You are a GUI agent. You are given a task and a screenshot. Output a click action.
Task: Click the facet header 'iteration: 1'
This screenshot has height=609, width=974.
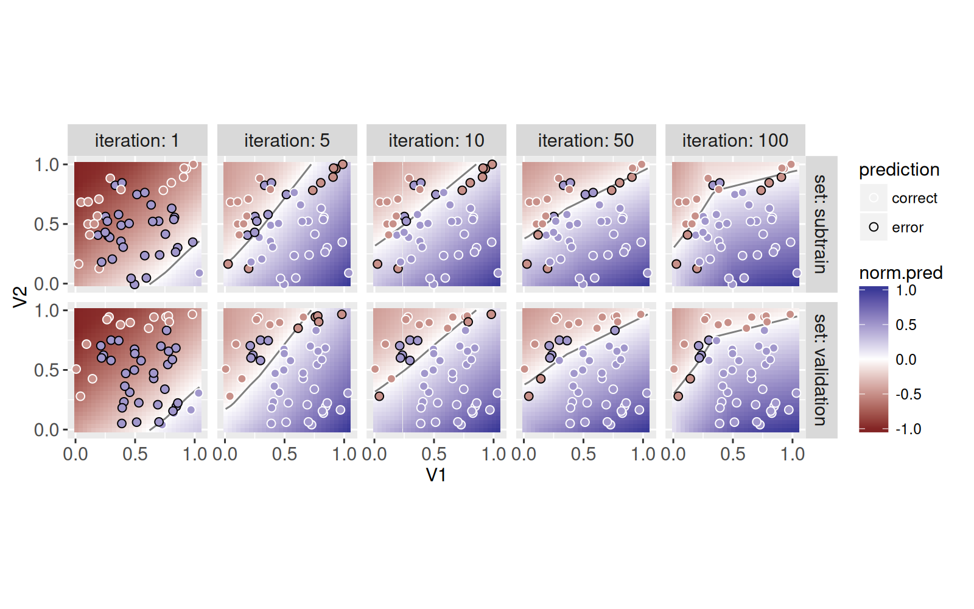137,141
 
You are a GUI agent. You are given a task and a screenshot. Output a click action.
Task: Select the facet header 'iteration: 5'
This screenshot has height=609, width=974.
287,141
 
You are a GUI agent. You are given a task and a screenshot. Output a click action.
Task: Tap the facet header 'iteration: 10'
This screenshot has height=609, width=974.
436,141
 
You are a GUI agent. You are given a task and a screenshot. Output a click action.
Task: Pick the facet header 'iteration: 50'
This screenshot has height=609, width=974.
586,141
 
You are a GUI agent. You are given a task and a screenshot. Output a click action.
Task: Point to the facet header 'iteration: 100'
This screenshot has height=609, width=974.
735,141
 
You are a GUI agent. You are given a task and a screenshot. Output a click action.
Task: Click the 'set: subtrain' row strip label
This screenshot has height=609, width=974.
821,224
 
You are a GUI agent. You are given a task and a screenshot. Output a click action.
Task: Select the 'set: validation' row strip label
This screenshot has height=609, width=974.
821,370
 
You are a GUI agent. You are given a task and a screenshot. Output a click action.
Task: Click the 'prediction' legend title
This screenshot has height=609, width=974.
899,170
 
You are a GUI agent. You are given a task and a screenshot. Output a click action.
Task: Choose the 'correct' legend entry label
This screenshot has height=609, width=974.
914,199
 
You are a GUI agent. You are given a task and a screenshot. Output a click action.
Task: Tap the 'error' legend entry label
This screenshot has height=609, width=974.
907,228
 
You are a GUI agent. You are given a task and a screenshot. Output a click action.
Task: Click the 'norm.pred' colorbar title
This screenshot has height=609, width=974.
900,273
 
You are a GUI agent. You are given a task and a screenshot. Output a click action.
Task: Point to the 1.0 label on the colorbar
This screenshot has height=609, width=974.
906,290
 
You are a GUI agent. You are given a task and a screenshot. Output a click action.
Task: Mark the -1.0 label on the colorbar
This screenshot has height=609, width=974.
908,429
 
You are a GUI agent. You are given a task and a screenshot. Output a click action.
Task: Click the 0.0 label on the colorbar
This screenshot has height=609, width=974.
906,360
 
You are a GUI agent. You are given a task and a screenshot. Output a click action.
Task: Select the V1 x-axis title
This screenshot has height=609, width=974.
436,475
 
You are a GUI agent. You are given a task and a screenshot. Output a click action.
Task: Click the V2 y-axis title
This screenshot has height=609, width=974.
21,297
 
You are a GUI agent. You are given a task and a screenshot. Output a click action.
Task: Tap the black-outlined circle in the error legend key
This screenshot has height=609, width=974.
874,227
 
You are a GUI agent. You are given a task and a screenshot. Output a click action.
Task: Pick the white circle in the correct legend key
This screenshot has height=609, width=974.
874,198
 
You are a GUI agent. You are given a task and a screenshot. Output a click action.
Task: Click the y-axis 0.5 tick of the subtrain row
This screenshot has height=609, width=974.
46,224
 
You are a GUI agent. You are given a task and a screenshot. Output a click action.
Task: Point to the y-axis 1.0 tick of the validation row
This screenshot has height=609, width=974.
46,311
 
